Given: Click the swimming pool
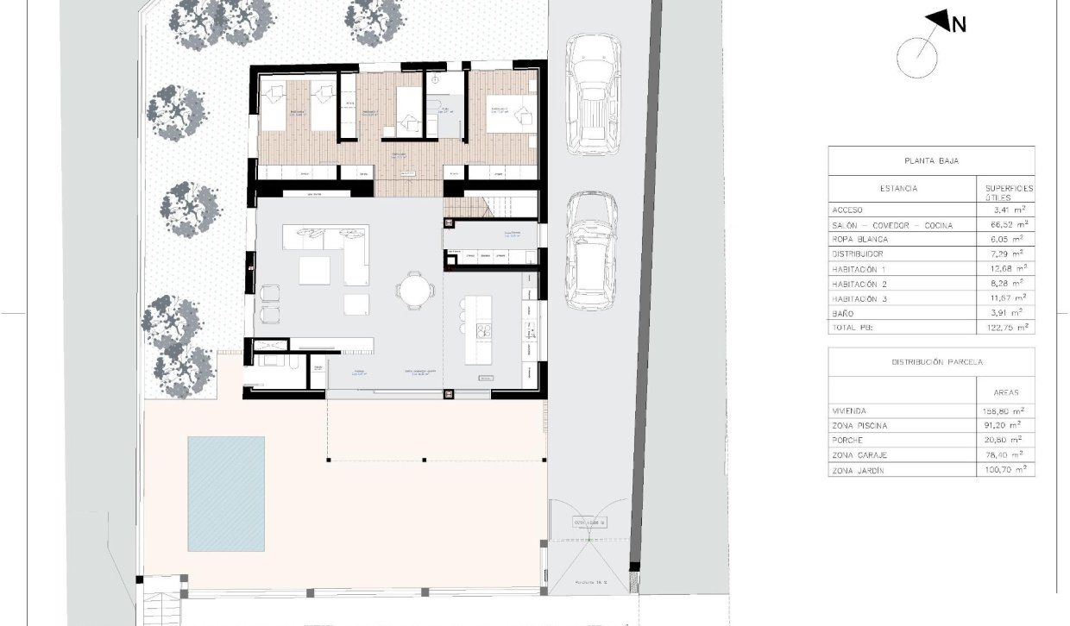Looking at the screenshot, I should coord(226,493).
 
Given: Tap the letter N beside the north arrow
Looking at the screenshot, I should coord(958,25).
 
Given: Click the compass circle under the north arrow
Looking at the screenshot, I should coord(916,58).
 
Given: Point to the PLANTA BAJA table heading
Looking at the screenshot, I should coord(930,160).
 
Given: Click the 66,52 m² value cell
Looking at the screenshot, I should coord(1006,225).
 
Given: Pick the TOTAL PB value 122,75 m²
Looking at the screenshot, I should coord(1006,328).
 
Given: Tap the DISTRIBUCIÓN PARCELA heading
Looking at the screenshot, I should coord(930,362).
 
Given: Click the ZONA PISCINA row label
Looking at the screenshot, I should coord(859,426).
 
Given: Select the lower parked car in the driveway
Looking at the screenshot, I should coord(591,250).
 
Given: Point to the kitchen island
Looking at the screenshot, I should coord(478,329).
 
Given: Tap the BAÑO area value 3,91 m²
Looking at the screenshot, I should coord(1006,313).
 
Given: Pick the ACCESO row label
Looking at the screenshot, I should coord(847,210).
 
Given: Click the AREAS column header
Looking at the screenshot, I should coord(1006,391).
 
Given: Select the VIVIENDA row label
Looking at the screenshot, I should coord(849,411).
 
